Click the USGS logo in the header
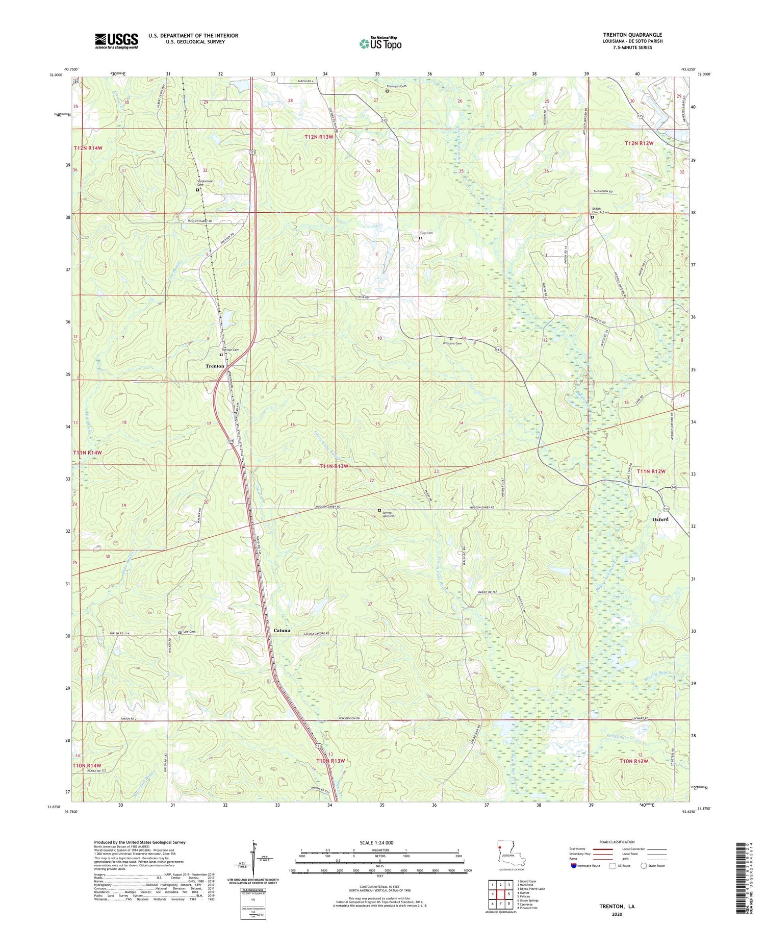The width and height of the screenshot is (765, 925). tap(116, 40)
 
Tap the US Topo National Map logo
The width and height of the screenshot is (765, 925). tap(380, 43)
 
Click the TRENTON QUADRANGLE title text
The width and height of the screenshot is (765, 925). tap(632, 35)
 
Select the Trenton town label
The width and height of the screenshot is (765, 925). tap(215, 366)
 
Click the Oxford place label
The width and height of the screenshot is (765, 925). tap(660, 519)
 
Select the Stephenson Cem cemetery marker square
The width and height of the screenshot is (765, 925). tap(197, 190)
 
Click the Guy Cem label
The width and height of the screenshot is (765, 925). tap(426, 233)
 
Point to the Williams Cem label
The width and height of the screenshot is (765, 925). tap(452, 343)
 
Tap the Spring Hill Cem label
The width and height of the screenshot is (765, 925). tap(389, 513)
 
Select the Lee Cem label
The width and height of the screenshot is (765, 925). tap(189, 632)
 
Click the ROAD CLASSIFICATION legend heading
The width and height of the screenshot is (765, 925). tap(617, 842)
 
